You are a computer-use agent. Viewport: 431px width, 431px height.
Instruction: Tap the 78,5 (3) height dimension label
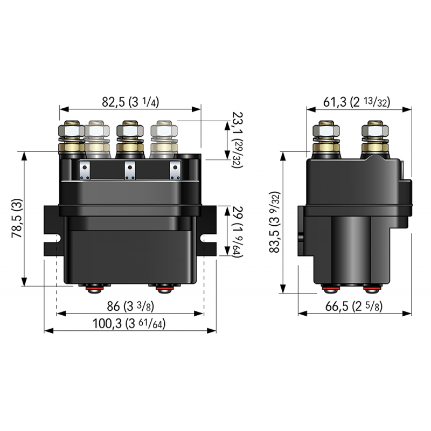click(x=17, y=219)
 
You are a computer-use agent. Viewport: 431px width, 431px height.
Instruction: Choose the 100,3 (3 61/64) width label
click(x=130, y=324)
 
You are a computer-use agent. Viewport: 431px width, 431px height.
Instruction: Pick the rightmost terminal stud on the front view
click(x=164, y=138)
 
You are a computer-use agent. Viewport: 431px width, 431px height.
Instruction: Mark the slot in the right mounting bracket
click(x=205, y=238)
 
